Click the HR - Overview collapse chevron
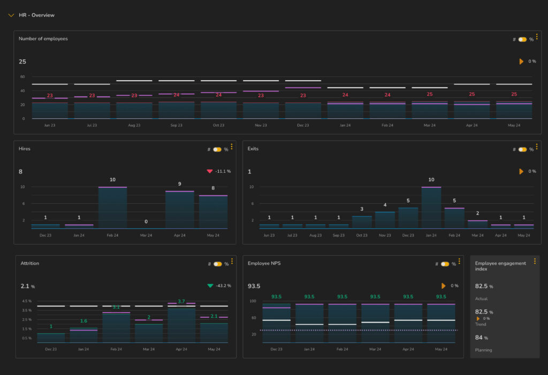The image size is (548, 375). click(x=11, y=15)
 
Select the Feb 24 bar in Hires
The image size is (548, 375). click(x=112, y=208)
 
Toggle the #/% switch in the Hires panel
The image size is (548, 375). click(x=217, y=150)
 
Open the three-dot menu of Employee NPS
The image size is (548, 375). click(x=459, y=262)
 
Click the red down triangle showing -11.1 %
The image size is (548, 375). click(x=209, y=171)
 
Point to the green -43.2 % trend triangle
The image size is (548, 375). click(x=210, y=286)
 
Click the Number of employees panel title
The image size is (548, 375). click(x=43, y=39)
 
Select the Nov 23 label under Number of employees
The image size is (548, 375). click(x=261, y=125)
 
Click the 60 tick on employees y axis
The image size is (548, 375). click(x=22, y=76)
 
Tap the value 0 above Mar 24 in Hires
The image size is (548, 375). click(x=146, y=221)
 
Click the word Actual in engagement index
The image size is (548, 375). click(x=481, y=299)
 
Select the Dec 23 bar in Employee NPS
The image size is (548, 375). click(x=276, y=323)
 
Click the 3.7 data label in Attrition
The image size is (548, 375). click(x=181, y=301)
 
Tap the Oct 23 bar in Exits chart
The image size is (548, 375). click(x=362, y=222)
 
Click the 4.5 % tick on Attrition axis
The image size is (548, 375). click(x=26, y=301)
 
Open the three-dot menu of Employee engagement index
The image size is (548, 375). click(x=535, y=261)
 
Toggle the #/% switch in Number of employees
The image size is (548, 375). click(x=522, y=40)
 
